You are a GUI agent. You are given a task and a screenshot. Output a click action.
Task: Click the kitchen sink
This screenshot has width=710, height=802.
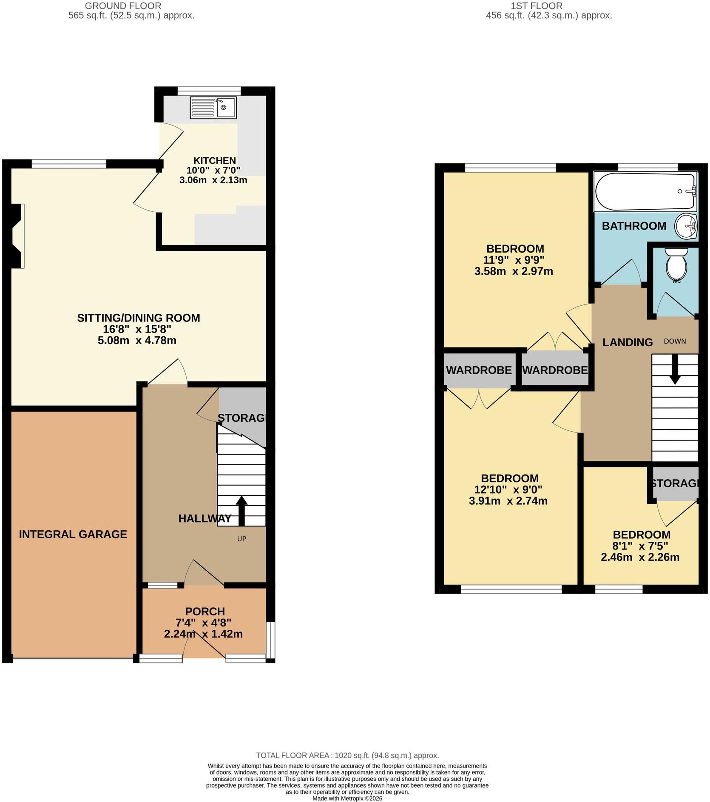[213, 107]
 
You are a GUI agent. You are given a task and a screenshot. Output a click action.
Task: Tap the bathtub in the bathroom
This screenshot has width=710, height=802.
[645, 192]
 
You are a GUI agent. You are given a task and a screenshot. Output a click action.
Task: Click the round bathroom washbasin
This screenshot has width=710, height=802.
[686, 226]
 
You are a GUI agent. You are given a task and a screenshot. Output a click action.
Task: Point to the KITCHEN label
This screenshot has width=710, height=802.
[215, 161]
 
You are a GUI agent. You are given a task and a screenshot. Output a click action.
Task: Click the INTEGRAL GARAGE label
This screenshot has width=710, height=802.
[73, 534]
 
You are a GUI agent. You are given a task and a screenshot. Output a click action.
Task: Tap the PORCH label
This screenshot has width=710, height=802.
[205, 611]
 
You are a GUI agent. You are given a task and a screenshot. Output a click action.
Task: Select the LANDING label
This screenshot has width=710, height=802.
[628, 342]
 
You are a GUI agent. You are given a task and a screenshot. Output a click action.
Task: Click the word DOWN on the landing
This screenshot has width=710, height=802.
[675, 341]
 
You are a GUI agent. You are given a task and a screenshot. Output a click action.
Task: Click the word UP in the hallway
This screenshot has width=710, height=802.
[241, 539]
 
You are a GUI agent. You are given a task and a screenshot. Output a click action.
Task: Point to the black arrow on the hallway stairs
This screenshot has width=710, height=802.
[241, 511]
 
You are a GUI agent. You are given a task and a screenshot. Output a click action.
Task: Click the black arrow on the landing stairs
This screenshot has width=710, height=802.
[675, 369]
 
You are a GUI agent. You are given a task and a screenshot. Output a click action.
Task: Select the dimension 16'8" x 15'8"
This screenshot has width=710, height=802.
[137, 329]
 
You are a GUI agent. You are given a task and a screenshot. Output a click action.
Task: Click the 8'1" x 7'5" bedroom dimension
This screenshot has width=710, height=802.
[641, 546]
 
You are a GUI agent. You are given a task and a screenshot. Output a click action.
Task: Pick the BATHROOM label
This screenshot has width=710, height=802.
[634, 226]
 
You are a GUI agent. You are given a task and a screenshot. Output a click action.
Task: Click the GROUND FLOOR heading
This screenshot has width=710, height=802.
[123, 6]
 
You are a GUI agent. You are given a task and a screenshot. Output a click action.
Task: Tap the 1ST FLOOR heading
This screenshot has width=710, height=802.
[537, 6]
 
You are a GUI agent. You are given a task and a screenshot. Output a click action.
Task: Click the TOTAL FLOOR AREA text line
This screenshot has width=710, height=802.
[347, 755]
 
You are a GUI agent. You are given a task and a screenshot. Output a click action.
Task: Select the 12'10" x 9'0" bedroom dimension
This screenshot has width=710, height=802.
[508, 489]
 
